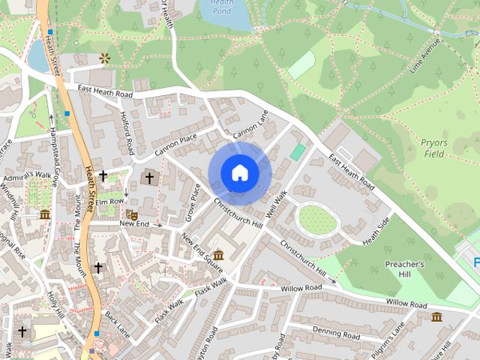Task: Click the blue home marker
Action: (239, 172)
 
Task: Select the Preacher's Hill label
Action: (405, 269)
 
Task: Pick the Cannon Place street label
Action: (175, 145)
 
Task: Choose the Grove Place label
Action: (194, 203)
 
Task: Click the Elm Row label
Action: (109, 202)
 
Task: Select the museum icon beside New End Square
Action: (218, 255)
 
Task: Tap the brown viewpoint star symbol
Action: (103, 58)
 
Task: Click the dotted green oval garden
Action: (317, 220)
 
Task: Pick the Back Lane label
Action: (118, 324)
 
